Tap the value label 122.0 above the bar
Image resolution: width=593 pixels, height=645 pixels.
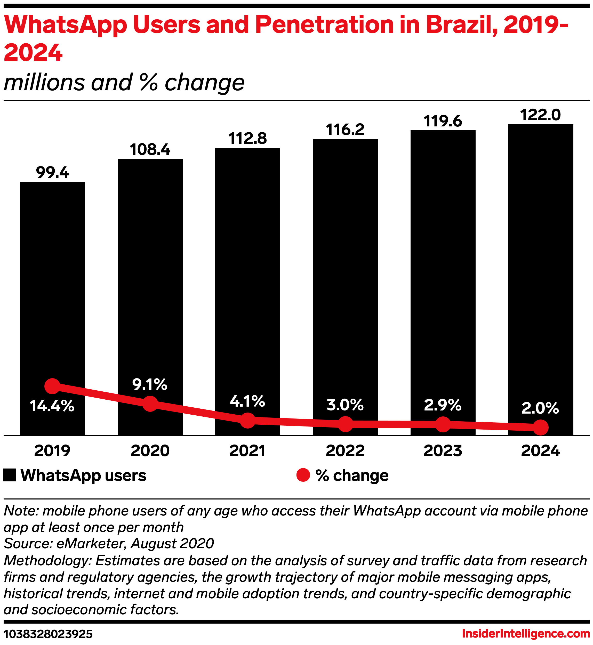tap(540, 115)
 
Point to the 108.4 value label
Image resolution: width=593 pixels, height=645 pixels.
tap(150, 150)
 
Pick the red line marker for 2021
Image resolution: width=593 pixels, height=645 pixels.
tap(247, 420)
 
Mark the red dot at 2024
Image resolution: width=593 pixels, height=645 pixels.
tap(541, 428)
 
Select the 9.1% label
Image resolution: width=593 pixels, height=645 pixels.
tap(150, 384)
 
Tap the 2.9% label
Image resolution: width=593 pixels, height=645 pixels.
tap(443, 405)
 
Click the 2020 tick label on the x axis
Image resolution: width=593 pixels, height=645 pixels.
tap(150, 451)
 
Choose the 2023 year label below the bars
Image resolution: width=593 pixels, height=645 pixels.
tap(443, 451)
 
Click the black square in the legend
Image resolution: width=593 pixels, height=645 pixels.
tap(9, 475)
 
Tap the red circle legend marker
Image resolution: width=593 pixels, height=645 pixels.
tap(303, 475)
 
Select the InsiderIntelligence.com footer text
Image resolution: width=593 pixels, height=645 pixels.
tap(526, 634)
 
